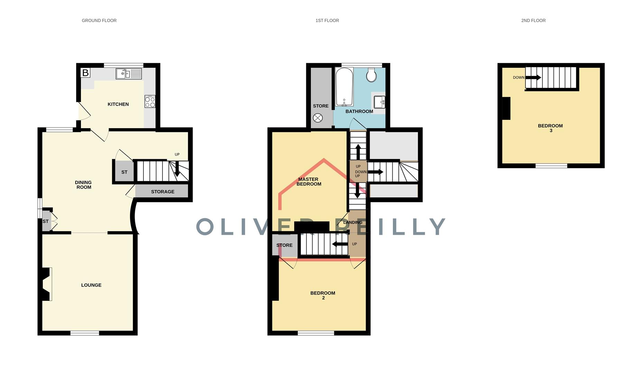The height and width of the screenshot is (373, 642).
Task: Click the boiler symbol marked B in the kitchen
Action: pyautogui.click(x=85, y=73)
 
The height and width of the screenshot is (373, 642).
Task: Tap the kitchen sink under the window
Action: pyautogui.click(x=128, y=74)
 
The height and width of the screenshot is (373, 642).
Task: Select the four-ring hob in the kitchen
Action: pyautogui.click(x=150, y=102)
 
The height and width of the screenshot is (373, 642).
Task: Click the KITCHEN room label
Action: pyautogui.click(x=118, y=104)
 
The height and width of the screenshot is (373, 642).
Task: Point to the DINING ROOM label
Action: pyautogui.click(x=84, y=185)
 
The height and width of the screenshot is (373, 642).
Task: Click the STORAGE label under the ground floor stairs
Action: pyautogui.click(x=162, y=192)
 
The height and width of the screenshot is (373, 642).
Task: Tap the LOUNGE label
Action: pyautogui.click(x=91, y=285)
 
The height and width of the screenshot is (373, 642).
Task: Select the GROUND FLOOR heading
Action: pyautogui.click(x=99, y=21)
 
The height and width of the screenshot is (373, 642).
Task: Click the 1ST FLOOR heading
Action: pyautogui.click(x=327, y=21)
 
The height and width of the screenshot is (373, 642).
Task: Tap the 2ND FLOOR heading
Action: pyautogui.click(x=533, y=21)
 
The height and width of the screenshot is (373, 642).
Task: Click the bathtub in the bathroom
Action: pyautogui.click(x=344, y=86)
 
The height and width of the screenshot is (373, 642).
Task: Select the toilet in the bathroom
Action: pyautogui.click(x=371, y=75)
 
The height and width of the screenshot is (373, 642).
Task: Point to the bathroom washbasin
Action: pyautogui.click(x=379, y=102)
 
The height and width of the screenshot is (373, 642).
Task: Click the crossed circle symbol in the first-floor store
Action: pyautogui.click(x=318, y=118)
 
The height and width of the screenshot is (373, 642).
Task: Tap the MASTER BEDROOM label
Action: pyautogui.click(x=309, y=182)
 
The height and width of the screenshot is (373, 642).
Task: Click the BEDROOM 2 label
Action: pyautogui.click(x=323, y=295)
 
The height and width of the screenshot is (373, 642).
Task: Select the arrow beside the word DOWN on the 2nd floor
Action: pyautogui.click(x=533, y=78)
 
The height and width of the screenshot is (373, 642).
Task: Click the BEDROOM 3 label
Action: pyautogui.click(x=550, y=128)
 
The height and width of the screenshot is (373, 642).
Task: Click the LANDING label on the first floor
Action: pyautogui.click(x=353, y=222)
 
